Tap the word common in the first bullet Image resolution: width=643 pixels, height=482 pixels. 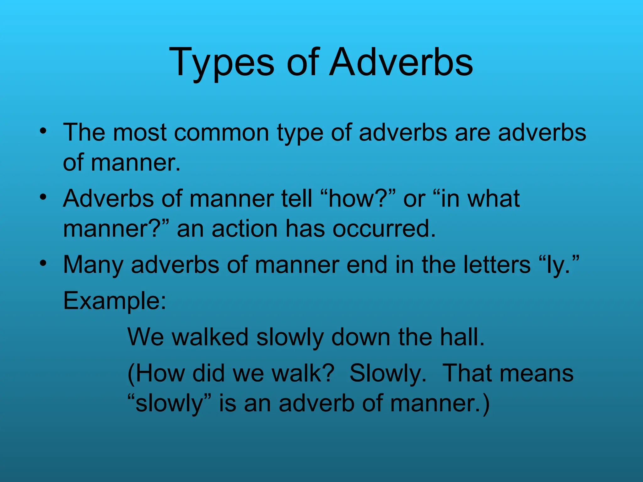pyautogui.click(x=221, y=132)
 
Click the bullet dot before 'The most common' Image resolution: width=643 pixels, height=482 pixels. pyautogui.click(x=43, y=130)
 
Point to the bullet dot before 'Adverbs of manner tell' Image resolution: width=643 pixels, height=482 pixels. pyautogui.click(x=43, y=197)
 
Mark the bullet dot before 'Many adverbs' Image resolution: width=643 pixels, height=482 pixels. pyautogui.click(x=43, y=263)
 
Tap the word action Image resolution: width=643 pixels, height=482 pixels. pyautogui.click(x=245, y=228)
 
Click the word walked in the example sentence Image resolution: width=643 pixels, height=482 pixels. pyautogui.click(x=210, y=337)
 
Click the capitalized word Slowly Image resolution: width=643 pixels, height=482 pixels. pyautogui.click(x=388, y=374)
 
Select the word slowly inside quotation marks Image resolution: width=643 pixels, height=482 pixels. pyautogui.click(x=170, y=404)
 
